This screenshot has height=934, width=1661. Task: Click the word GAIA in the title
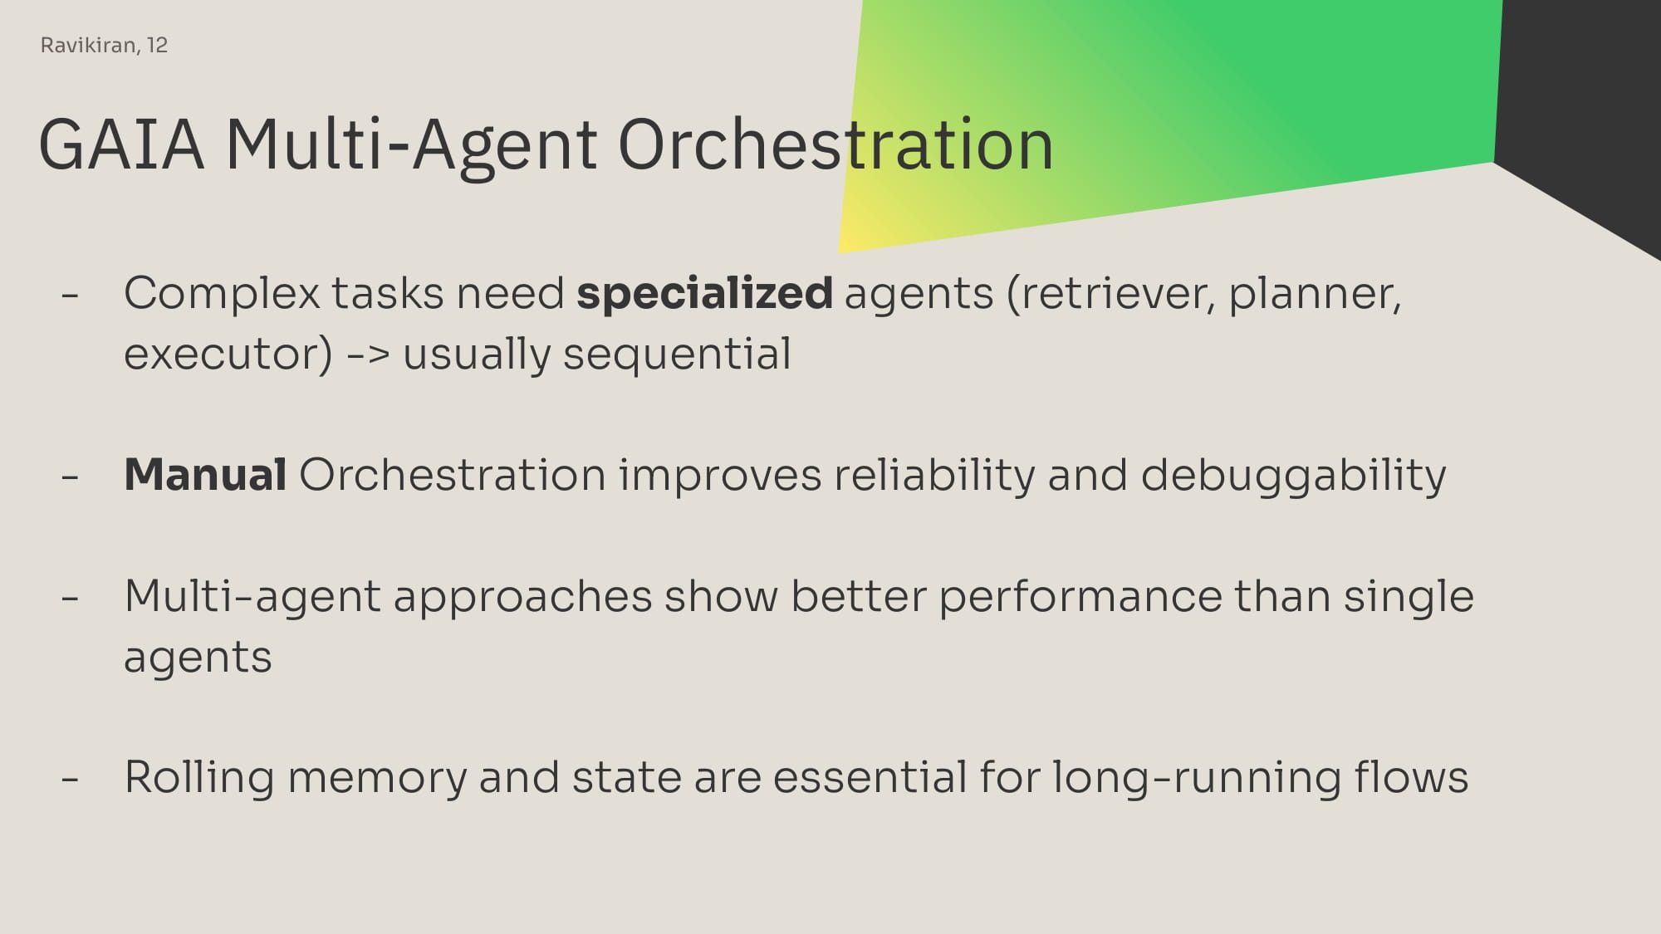click(121, 144)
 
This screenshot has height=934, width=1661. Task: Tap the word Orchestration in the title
click(835, 144)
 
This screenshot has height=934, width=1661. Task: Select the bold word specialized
click(704, 294)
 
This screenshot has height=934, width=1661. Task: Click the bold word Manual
click(205, 475)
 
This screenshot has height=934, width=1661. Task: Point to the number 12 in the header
click(158, 45)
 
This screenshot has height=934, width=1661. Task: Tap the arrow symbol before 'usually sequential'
click(367, 355)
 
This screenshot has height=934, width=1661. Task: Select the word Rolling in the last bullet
click(199, 779)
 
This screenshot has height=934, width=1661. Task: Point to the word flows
click(1411, 777)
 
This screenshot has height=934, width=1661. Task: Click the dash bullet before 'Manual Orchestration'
click(71, 477)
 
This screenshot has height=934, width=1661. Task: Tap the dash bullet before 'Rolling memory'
click(71, 780)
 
